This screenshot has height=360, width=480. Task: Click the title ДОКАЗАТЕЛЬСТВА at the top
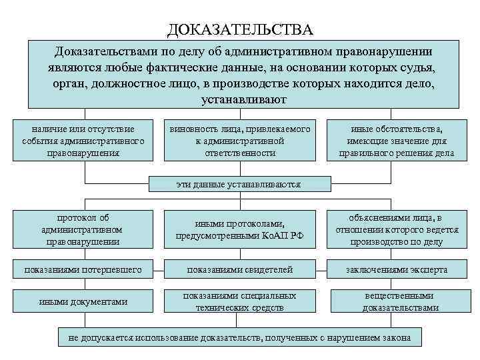(239, 30)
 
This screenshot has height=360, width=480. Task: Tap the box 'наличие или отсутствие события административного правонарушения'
(83, 140)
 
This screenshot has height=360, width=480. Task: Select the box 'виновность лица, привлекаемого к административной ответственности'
(240, 140)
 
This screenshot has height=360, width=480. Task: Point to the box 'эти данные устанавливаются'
(239, 184)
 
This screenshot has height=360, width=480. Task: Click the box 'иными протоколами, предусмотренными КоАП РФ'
(240, 230)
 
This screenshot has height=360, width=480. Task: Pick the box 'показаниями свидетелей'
(240, 269)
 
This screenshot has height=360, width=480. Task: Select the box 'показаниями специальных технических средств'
(240, 301)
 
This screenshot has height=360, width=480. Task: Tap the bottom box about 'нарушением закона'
(240, 337)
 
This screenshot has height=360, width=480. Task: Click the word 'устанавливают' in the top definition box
(243, 100)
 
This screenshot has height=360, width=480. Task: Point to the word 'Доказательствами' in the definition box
(105, 51)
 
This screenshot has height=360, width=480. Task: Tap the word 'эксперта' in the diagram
(429, 269)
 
